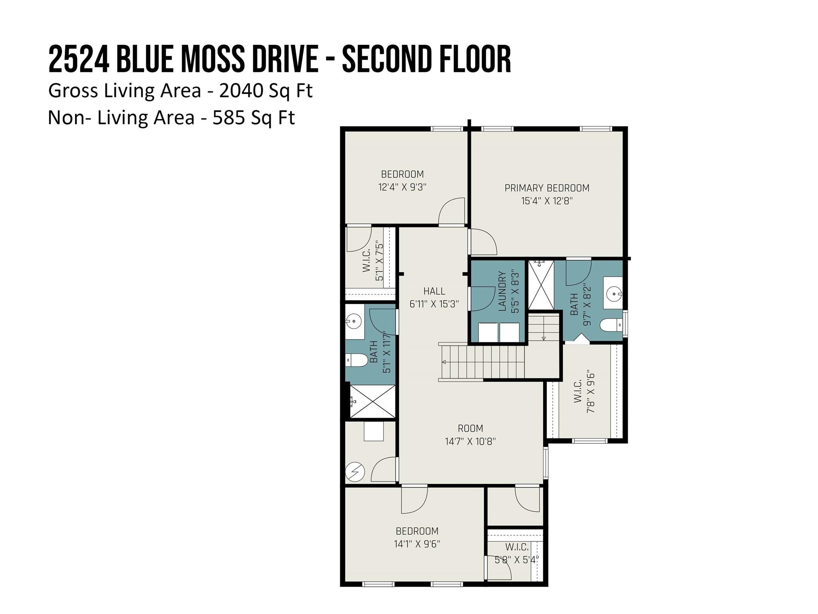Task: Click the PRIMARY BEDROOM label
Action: coord(546,188)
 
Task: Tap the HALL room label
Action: coord(434,291)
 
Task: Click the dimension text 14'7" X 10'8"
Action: coord(470,441)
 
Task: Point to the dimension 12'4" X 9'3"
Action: coord(402,187)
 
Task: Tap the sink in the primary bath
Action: coord(613,295)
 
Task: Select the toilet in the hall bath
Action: coord(357,360)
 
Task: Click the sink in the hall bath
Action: coord(354,321)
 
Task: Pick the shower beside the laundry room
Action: coord(541,285)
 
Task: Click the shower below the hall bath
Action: coord(372,401)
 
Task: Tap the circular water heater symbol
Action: coord(355,472)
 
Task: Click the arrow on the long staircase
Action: coord(444,362)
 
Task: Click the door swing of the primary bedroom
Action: coord(483,242)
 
